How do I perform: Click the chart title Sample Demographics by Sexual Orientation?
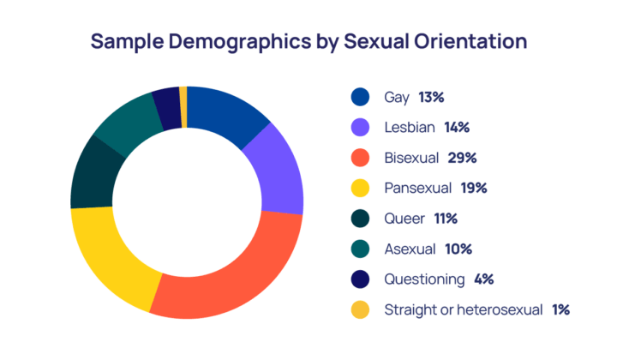point(308,41)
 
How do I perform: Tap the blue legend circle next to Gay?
point(361,98)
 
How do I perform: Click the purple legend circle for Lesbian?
point(361,128)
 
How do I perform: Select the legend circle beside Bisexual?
point(361,158)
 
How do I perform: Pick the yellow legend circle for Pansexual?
point(361,189)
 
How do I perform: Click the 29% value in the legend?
point(461,158)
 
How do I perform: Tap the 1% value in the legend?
point(561,309)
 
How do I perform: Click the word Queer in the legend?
point(404,219)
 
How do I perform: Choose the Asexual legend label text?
point(410,249)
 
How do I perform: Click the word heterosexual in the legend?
point(496,309)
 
